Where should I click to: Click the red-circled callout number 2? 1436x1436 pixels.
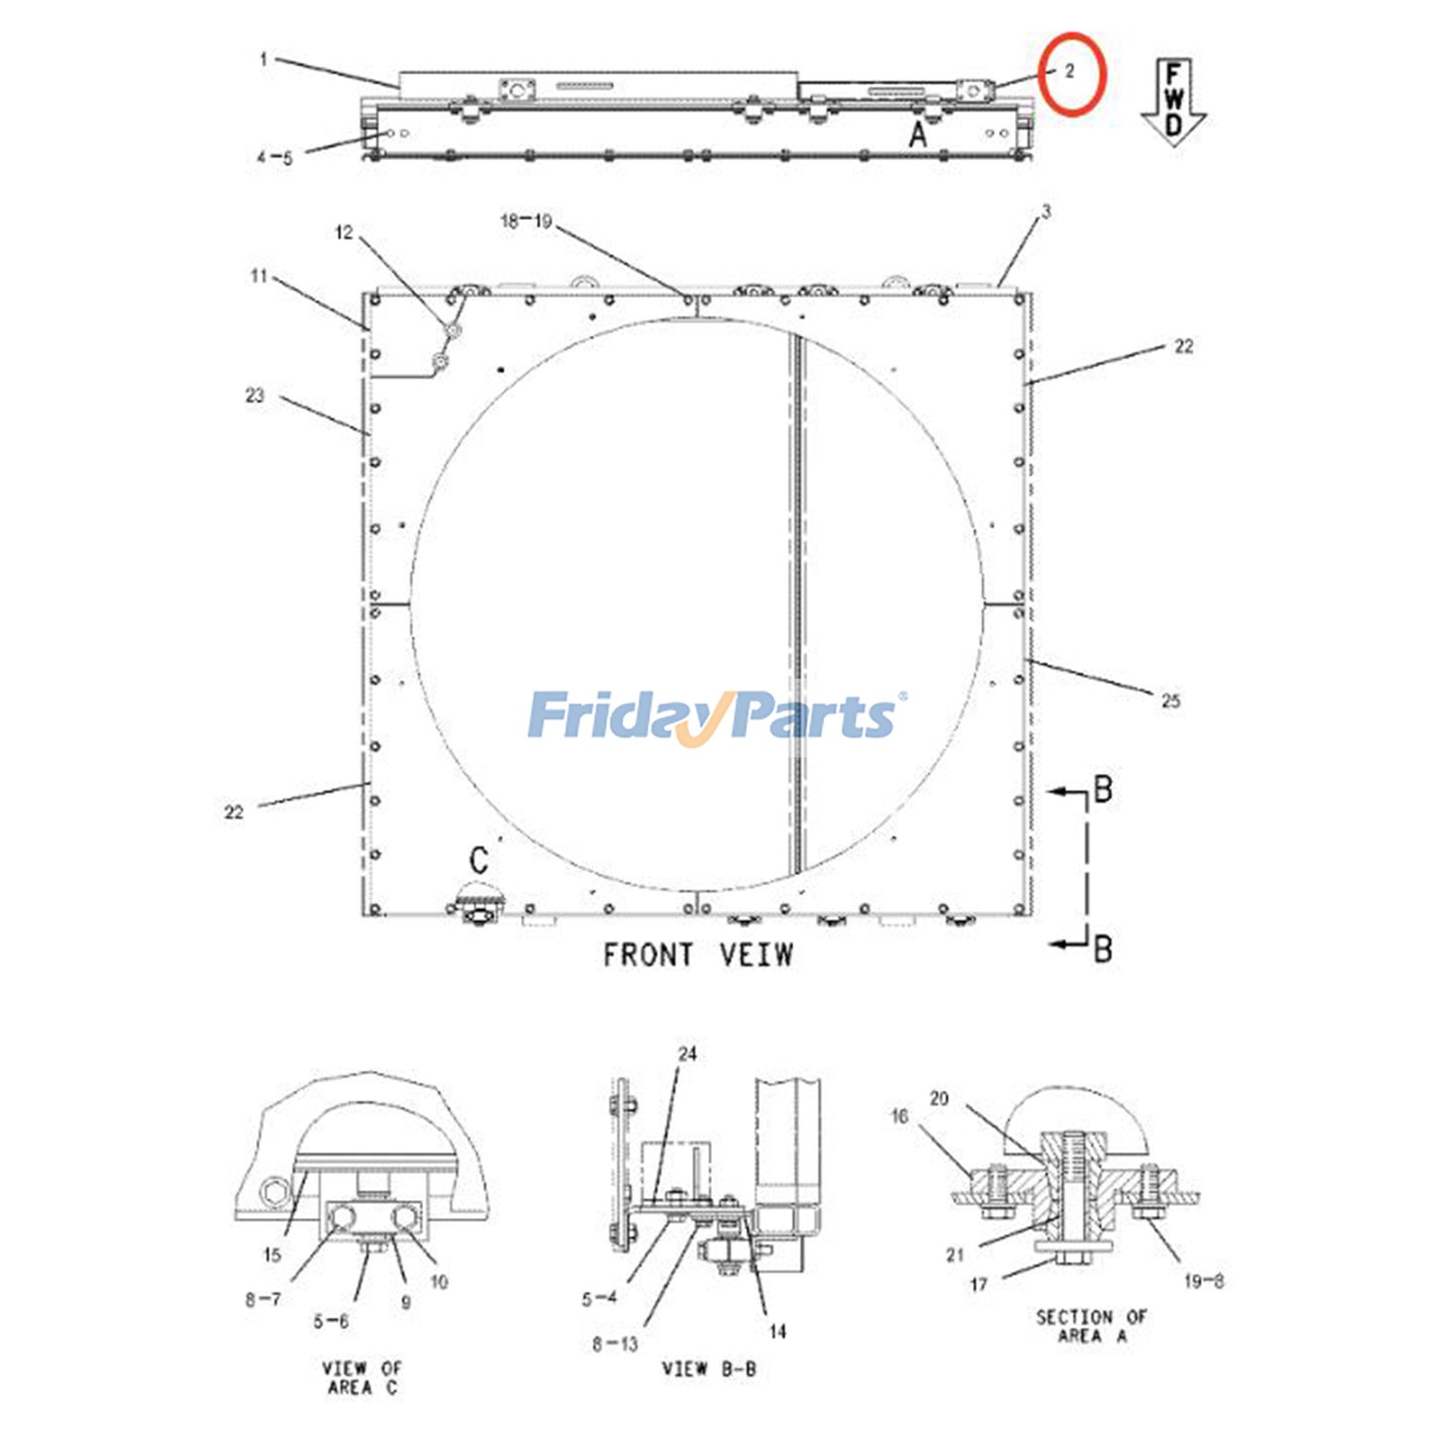tap(1070, 72)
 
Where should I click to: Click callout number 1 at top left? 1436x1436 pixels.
tap(263, 60)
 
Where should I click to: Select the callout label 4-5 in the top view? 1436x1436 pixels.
tap(275, 159)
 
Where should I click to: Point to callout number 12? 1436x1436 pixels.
tap(344, 233)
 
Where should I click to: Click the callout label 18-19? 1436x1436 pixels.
tap(526, 221)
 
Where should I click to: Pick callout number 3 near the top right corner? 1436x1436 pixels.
tap(1046, 212)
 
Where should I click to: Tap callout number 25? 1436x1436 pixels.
tap(1170, 701)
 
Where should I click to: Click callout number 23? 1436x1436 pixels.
tap(255, 396)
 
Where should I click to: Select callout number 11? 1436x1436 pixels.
tap(259, 276)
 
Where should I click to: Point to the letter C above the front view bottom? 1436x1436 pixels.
tap(478, 860)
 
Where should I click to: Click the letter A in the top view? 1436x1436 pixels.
tap(917, 136)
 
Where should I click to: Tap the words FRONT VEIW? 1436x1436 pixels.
tap(698, 955)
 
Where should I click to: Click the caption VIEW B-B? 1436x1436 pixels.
tap(709, 1369)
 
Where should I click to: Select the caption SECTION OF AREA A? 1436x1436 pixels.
tap(1091, 1326)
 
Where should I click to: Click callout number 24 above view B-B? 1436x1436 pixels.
tap(687, 1054)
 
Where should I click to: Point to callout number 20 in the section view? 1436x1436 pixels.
tap(939, 1099)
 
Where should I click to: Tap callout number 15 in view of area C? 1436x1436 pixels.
tap(273, 1255)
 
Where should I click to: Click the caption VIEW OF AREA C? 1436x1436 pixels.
tap(362, 1378)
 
